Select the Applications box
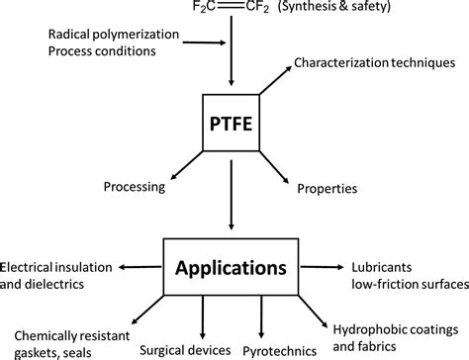click(x=231, y=266)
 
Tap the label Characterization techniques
click(x=379, y=61)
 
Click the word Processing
click(x=136, y=188)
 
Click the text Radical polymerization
click(x=114, y=34)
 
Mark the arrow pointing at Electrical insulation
click(x=141, y=267)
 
